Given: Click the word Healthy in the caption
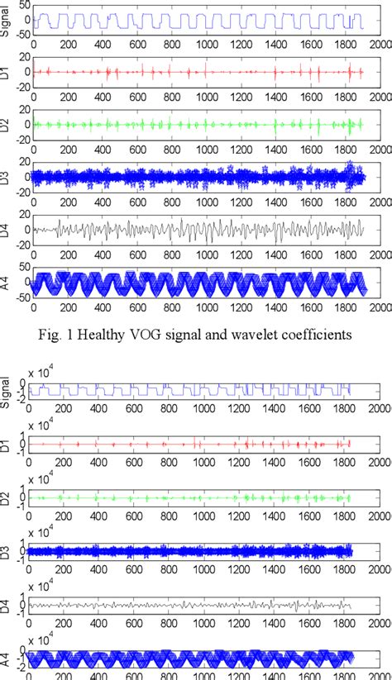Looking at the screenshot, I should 119,335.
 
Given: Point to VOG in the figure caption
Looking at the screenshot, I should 162,335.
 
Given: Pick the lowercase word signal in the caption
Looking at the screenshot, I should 194,335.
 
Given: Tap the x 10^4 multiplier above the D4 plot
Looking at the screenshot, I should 43,570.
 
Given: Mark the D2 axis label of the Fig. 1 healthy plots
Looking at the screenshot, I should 7,124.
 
